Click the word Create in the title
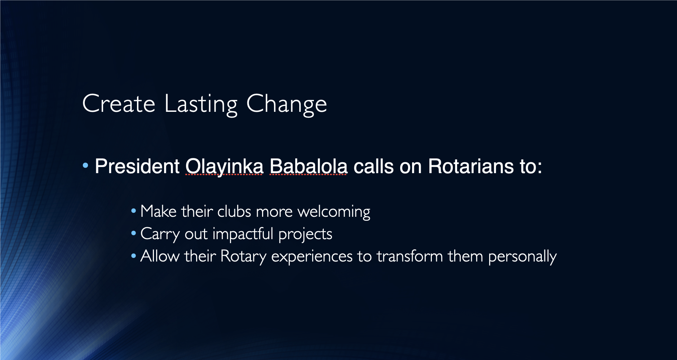(x=119, y=104)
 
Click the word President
(x=137, y=166)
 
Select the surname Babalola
(x=309, y=166)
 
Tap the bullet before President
(x=85, y=166)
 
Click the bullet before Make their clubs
(x=134, y=211)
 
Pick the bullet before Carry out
(x=134, y=233)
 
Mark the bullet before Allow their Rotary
(x=134, y=256)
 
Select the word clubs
(x=234, y=211)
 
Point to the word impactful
(x=243, y=234)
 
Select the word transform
(x=410, y=256)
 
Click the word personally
(x=522, y=257)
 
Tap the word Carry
(x=160, y=234)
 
